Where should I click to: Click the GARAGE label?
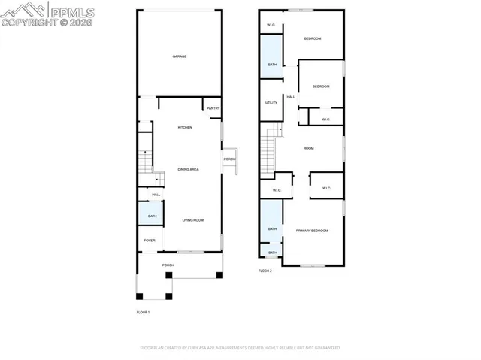point(179,56)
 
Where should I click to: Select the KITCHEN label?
point(185,127)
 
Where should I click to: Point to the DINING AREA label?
point(188,170)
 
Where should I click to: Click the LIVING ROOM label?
point(193,220)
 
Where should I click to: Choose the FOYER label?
point(150,241)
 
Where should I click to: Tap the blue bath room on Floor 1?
point(152,216)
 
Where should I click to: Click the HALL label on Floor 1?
point(156,195)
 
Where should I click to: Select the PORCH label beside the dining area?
point(229,159)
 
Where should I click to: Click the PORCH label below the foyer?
point(168,265)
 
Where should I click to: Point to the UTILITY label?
point(271,103)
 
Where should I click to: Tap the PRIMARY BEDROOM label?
point(311,231)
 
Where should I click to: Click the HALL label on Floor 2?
point(290,96)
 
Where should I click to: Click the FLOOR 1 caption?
point(143,312)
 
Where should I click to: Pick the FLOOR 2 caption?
point(265,271)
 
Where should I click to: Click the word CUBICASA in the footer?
point(197,348)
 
